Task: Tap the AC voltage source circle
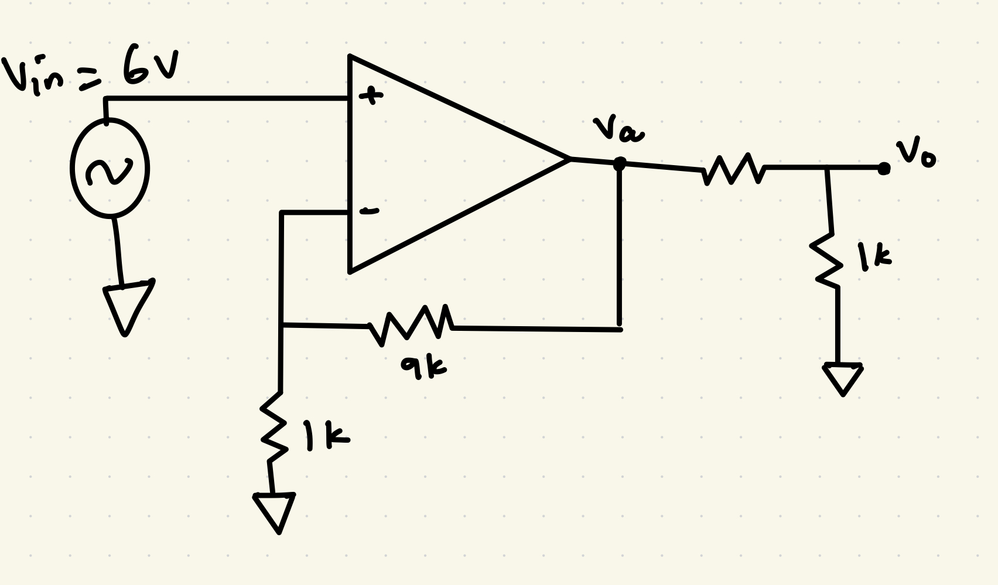click(x=110, y=169)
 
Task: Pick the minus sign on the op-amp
click(x=369, y=211)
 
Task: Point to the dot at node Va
click(x=619, y=164)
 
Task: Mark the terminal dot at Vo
click(x=883, y=169)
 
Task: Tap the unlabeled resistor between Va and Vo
click(x=733, y=169)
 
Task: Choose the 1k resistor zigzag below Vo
click(x=828, y=260)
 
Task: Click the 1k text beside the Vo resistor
click(x=874, y=258)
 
